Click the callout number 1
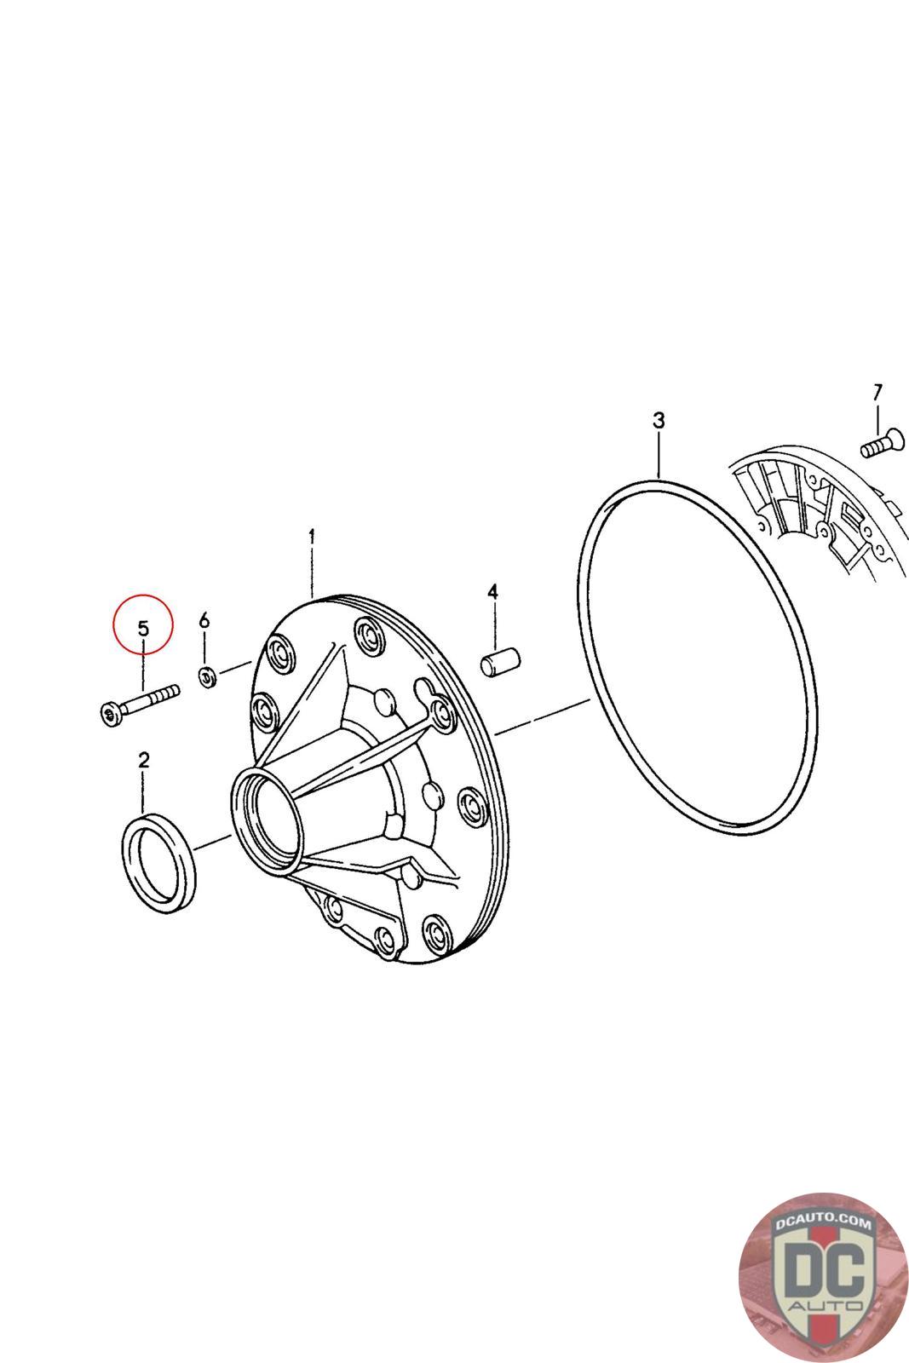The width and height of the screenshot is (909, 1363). tap(312, 537)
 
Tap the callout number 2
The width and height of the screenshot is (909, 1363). tap(144, 760)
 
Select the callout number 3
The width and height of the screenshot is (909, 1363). tap(659, 421)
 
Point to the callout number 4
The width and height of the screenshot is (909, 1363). tap(492, 591)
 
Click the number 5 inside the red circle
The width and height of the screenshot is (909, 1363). tap(144, 628)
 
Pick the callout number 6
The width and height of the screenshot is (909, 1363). tap(204, 620)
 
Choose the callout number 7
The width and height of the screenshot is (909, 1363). tap(877, 393)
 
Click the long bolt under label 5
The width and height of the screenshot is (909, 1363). tap(140, 705)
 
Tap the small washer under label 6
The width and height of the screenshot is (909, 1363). tap(208, 676)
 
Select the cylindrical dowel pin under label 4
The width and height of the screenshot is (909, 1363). tap(499, 662)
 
